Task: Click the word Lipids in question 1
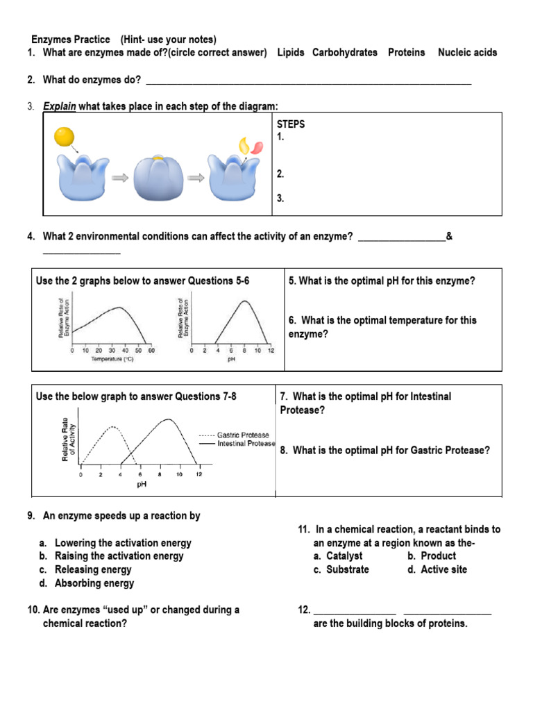290,53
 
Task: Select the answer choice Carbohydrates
345,53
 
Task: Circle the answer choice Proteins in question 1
407,53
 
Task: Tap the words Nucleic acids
467,53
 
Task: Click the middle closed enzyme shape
158,178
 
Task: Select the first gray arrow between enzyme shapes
120,178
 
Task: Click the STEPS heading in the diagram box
291,124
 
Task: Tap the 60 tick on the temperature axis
151,350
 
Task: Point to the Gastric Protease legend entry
243,435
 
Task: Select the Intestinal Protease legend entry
246,443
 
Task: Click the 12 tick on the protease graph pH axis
198,474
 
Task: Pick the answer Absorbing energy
94,583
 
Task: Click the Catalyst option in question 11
344,556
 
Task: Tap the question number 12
304,610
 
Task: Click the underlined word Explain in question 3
59,106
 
